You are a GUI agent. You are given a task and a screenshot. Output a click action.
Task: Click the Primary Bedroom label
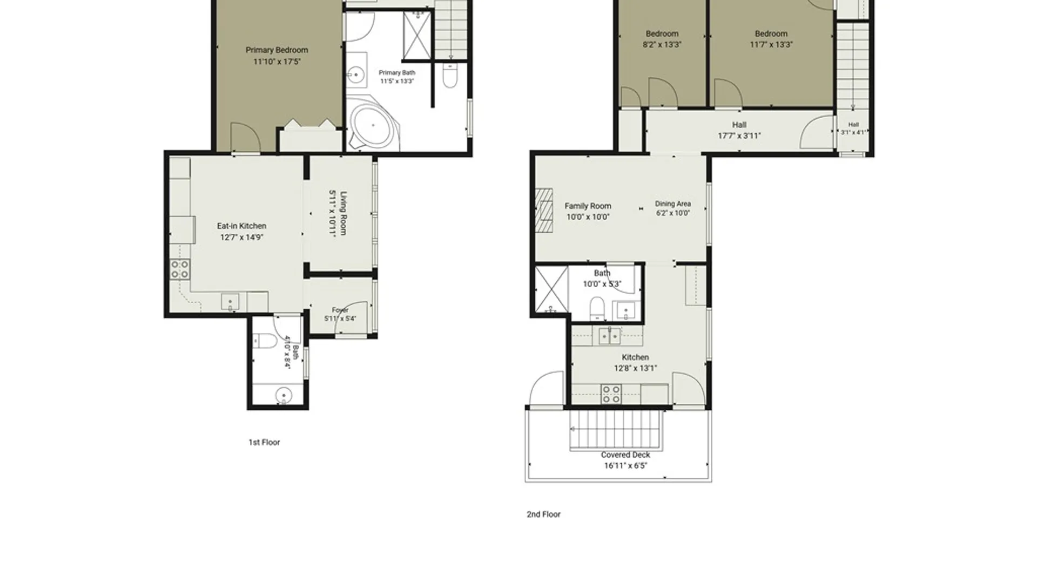(277, 50)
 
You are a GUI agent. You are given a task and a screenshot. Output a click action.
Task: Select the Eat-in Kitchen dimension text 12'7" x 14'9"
(241, 238)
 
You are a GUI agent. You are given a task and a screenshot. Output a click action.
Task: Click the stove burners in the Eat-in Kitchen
(180, 269)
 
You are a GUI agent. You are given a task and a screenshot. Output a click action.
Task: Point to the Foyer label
(340, 310)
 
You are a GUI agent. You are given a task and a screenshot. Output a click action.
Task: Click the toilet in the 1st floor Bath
(265, 341)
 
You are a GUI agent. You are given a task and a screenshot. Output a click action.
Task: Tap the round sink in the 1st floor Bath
(284, 396)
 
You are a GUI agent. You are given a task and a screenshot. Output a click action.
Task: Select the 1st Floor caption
(264, 442)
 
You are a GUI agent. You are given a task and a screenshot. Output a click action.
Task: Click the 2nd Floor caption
(543, 514)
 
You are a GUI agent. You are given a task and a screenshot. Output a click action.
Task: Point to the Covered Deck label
(625, 455)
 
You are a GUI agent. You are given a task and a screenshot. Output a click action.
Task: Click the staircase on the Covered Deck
(616, 430)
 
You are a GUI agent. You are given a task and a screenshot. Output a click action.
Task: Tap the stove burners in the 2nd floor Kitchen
(611, 394)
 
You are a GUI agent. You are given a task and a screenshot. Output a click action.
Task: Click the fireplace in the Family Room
(544, 210)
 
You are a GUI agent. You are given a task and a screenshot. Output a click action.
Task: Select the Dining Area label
(673, 204)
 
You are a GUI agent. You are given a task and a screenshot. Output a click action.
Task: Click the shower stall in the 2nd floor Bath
(551, 289)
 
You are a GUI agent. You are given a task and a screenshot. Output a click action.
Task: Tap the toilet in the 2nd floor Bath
(597, 308)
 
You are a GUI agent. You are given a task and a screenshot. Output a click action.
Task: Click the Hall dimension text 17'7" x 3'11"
(739, 136)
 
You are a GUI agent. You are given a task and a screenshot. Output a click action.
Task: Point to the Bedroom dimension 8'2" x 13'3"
(662, 45)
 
